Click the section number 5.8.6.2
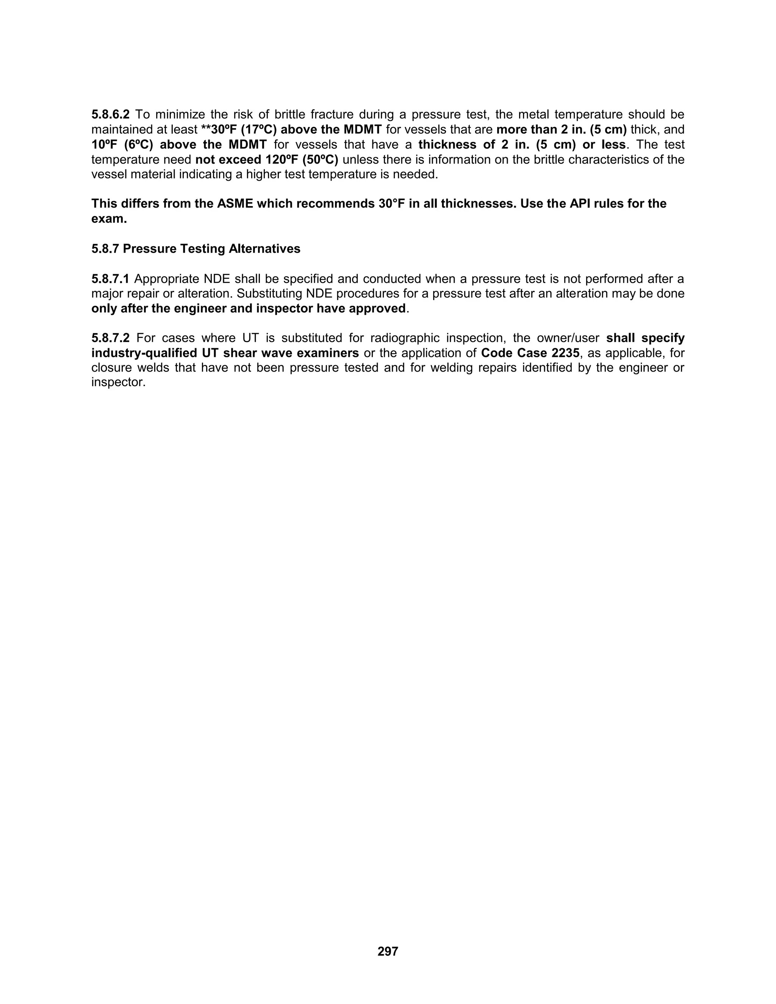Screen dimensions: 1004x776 [110, 114]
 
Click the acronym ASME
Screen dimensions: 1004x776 [235, 204]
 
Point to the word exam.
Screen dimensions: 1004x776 [109, 219]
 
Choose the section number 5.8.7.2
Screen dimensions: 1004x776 [110, 338]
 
